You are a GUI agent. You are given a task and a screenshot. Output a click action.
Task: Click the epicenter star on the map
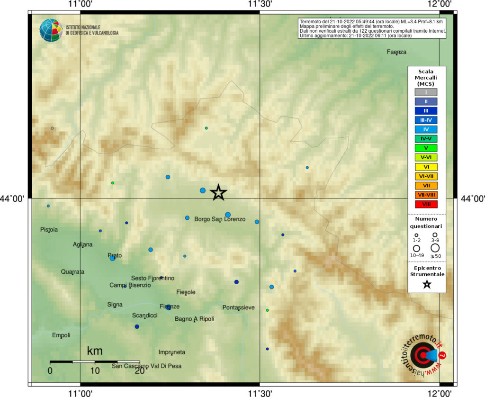(218, 192)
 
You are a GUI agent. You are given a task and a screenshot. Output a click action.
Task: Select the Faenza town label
(396, 52)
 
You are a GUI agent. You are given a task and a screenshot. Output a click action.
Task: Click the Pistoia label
(49, 230)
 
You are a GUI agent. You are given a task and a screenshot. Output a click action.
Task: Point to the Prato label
(115, 255)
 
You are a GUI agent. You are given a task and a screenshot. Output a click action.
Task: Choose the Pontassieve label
(238, 307)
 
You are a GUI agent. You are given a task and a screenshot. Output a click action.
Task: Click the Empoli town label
(61, 335)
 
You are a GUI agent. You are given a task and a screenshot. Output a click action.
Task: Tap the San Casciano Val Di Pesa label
(146, 366)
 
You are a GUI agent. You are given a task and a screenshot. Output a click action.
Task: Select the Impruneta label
(172, 352)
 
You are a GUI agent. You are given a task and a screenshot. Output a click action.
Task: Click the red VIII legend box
(426, 204)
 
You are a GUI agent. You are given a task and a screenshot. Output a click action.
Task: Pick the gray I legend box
(426, 92)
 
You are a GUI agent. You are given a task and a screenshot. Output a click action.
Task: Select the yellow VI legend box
(426, 167)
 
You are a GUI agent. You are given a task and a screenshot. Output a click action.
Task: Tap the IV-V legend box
(426, 139)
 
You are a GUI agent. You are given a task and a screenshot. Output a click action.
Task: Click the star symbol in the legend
(426, 284)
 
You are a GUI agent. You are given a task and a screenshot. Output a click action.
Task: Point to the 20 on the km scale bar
(139, 371)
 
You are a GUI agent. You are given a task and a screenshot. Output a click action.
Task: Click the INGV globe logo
(51, 30)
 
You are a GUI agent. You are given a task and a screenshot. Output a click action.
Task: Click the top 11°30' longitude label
(260, 4)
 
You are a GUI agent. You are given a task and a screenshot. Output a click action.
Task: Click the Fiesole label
(185, 292)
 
